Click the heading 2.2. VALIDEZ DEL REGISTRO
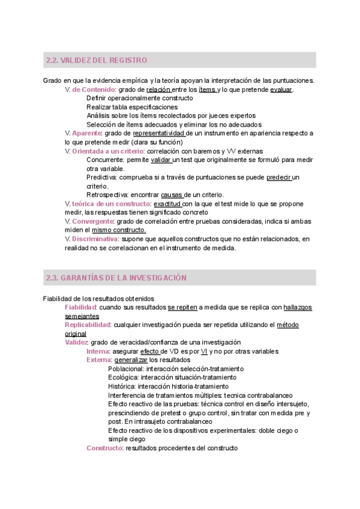[x=96, y=61]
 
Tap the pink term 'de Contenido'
[x=94, y=89]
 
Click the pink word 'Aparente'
[x=86, y=133]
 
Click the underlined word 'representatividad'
[x=158, y=133]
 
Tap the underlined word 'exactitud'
[x=167, y=203]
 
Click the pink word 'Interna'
[x=98, y=351]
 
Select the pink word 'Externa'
[x=99, y=360]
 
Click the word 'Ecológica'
[x=124, y=378]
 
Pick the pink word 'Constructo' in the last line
[x=104, y=448]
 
